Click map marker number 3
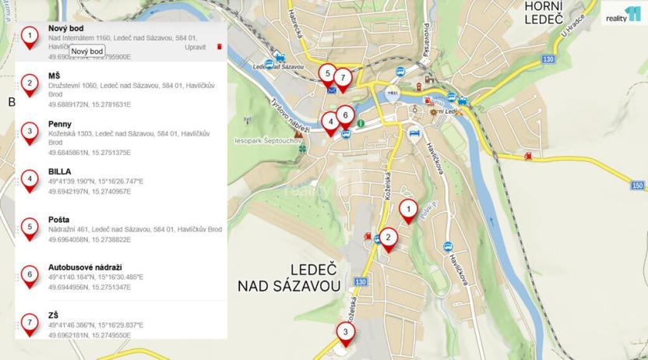pos(346,332)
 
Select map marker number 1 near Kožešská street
pos(407,210)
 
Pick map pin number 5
pos(328,74)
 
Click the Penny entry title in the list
pos(60,123)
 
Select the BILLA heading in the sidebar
pos(60,171)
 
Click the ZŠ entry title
pos(54,315)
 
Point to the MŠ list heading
pos(54,76)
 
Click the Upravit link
pos(195,47)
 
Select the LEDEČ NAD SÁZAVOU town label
pos(290,277)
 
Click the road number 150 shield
pos(638,185)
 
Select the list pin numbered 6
pos(30,275)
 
